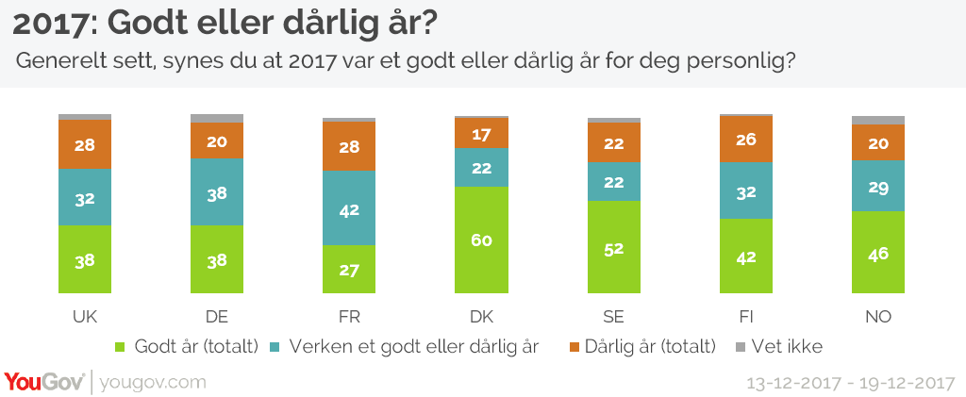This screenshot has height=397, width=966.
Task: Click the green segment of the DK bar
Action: pos(481,240)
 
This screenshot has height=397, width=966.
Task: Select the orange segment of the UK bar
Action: pos(85,144)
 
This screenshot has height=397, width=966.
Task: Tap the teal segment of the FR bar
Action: pos(349,208)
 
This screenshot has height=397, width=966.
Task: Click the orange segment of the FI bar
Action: pos(745,139)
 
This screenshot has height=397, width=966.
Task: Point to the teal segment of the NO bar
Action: pos(877,185)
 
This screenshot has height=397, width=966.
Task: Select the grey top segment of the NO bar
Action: pos(877,120)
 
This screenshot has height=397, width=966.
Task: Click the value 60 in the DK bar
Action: pos(481,240)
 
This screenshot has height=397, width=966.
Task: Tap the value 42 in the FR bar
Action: pos(349,211)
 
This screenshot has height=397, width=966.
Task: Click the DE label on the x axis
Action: pos(217,316)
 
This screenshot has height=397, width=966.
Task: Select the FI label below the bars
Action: pos(745,316)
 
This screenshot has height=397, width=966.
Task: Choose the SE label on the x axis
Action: pos(613,316)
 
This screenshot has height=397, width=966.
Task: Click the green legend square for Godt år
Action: pos(118,346)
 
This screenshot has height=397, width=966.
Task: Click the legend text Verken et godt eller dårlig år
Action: pos(412,346)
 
